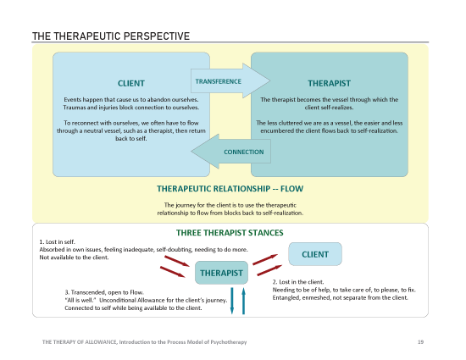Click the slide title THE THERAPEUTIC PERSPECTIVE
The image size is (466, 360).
(110, 36)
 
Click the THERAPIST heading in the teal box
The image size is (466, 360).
(330, 83)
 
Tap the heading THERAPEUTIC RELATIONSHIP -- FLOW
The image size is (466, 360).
(230, 188)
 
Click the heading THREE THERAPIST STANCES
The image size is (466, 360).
(230, 232)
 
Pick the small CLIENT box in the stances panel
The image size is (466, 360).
(315, 254)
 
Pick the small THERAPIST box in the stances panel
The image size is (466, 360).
(222, 273)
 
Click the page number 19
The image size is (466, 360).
(420, 341)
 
